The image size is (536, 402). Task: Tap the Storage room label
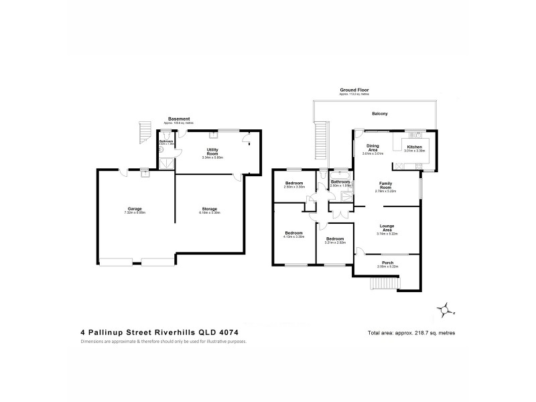[209, 208]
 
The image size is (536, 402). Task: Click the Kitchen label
[415, 147]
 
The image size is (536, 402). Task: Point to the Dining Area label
[373, 147]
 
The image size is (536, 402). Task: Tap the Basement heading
[178, 119]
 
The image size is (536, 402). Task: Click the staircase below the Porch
[381, 285]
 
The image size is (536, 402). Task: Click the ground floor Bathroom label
[341, 182]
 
